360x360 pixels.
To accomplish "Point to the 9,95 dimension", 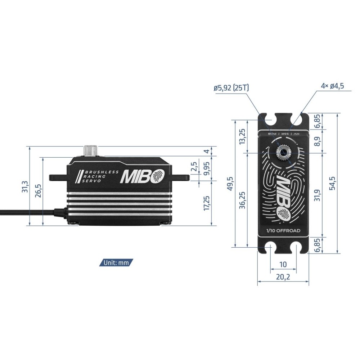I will click(x=206, y=168).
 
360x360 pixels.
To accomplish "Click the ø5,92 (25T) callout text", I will click(x=231, y=87).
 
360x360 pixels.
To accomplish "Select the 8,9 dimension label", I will click(x=316, y=141).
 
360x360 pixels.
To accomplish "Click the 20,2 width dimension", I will click(x=283, y=278).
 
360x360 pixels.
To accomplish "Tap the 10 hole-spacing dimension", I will click(x=283, y=264).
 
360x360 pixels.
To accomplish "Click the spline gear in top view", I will click(x=284, y=153).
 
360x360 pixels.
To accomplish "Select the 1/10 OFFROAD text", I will click(x=283, y=231).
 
